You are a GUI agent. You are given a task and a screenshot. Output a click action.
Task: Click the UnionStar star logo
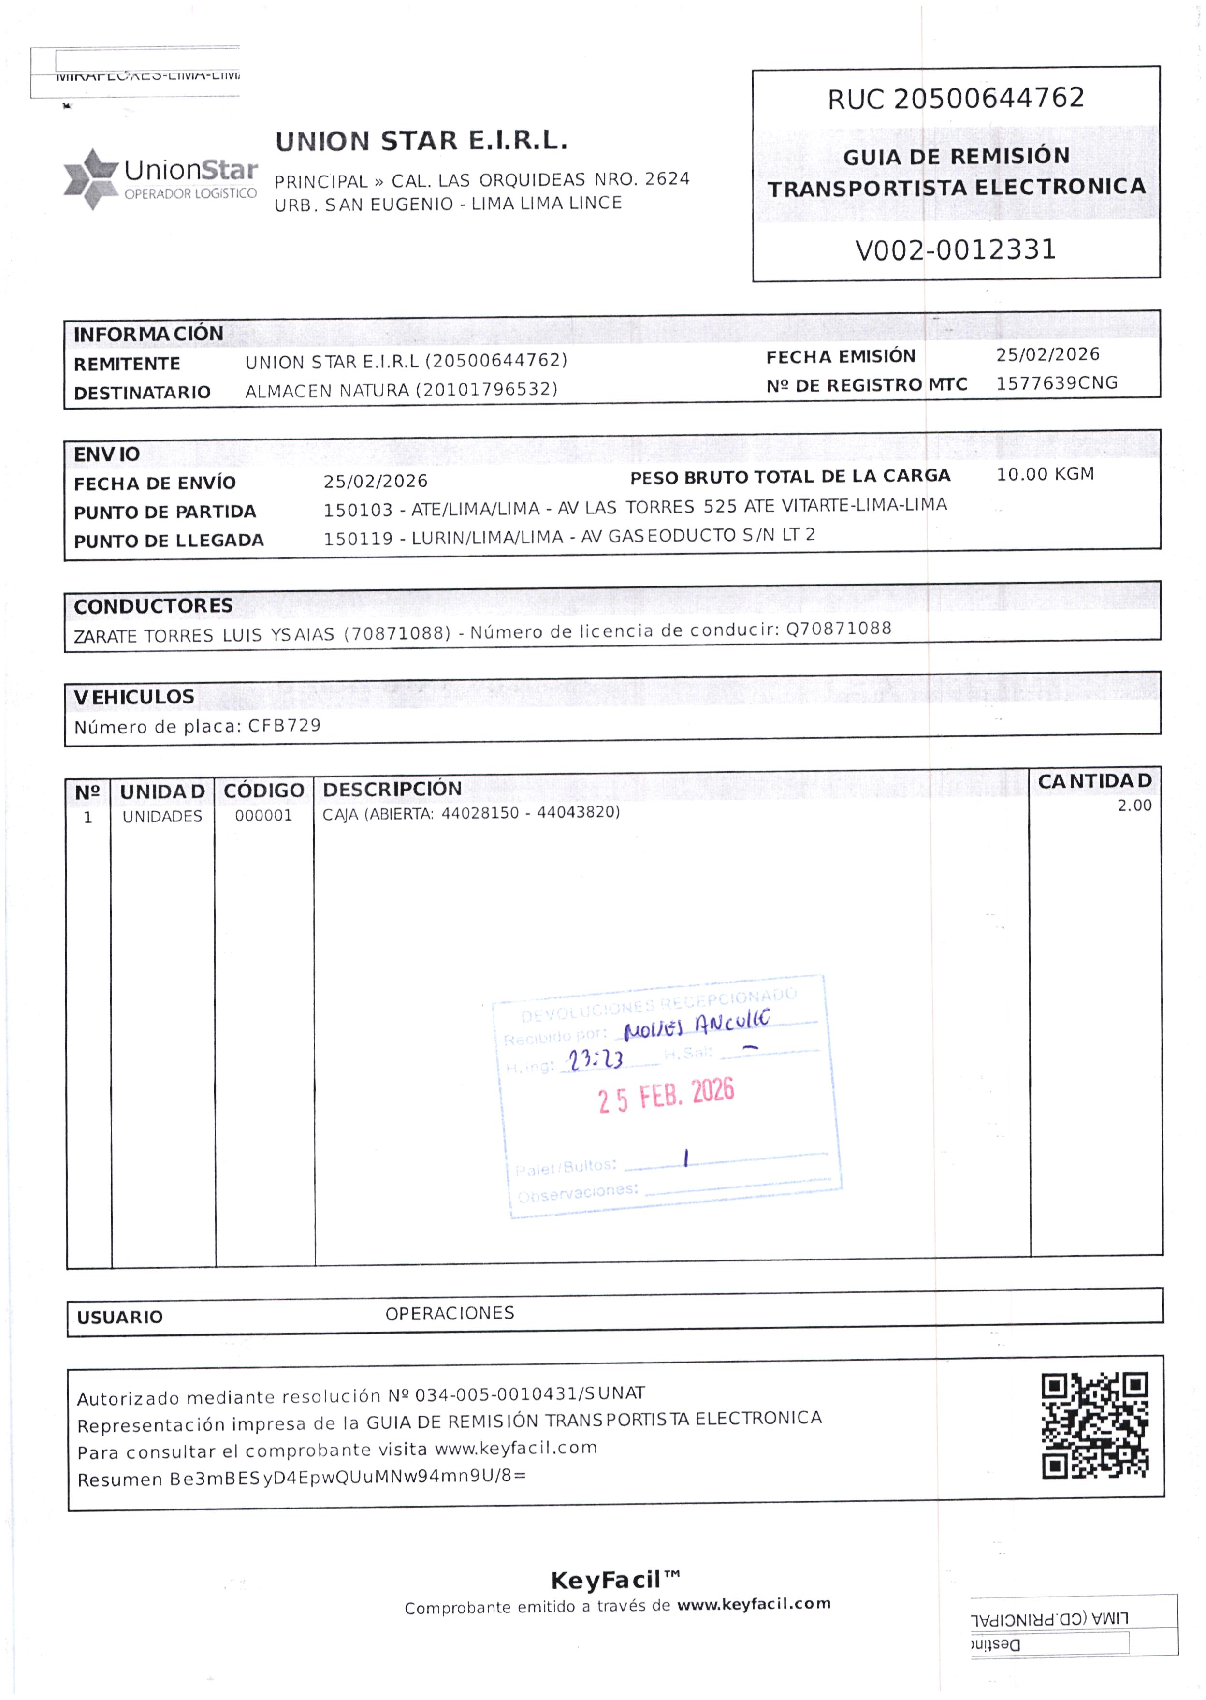tap(90, 179)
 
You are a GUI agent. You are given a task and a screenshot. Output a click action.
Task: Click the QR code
tap(1095, 1424)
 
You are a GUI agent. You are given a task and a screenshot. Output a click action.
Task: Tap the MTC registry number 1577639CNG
tap(1056, 383)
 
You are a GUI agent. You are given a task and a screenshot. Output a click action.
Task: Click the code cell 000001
tap(263, 816)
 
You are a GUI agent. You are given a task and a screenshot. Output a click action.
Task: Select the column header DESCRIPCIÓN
tap(392, 789)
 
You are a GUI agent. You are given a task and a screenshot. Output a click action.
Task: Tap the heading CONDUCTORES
tap(153, 606)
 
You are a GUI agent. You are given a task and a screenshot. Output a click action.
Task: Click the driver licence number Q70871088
tap(839, 629)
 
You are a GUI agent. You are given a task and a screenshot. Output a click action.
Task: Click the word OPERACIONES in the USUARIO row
tap(449, 1313)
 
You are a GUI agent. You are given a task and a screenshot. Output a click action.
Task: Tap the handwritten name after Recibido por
tap(696, 1026)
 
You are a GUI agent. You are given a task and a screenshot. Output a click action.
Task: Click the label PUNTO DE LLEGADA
tap(169, 541)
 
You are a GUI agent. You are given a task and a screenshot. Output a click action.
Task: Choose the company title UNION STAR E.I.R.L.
tap(421, 141)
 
